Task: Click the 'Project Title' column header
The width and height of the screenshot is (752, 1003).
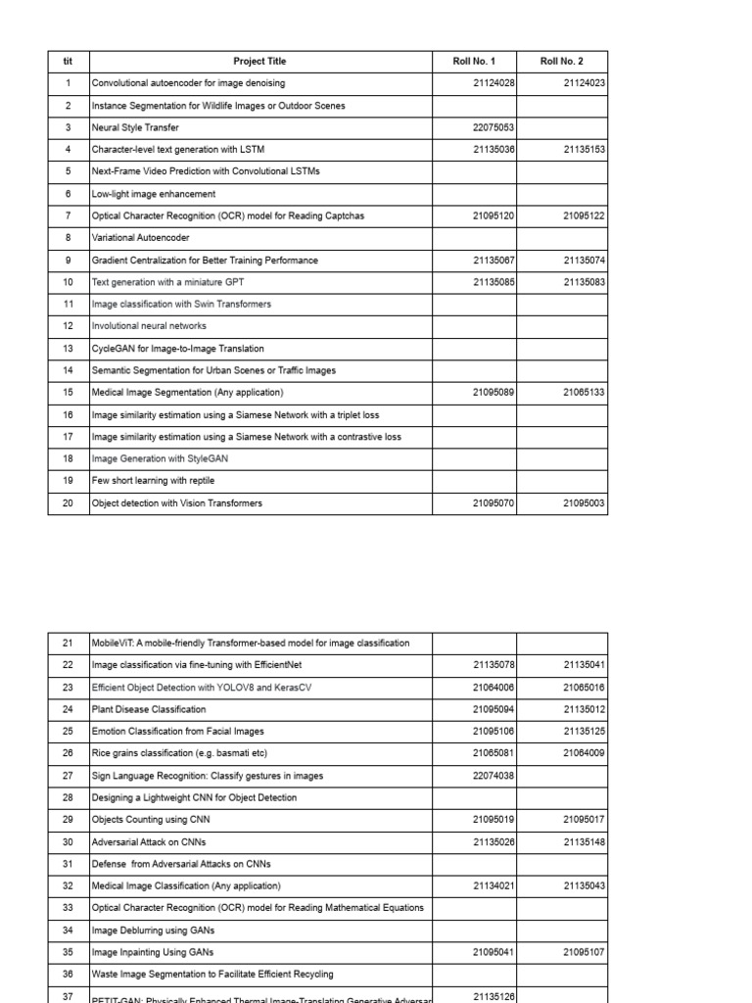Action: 259,62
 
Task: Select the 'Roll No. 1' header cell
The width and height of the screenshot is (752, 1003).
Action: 474,62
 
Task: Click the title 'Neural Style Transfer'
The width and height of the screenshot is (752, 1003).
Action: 135,127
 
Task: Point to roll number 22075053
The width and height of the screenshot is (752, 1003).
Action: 494,127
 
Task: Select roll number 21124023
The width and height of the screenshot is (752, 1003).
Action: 585,83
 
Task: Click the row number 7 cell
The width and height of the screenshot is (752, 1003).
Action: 68,215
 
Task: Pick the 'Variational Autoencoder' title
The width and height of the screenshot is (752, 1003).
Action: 141,237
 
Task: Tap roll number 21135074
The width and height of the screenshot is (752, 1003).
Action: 585,261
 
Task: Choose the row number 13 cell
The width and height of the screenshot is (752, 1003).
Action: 68,349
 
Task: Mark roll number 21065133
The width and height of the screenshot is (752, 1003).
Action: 585,392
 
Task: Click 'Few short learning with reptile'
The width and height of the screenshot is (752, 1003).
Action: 153,481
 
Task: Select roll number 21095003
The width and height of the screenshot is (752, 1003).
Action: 585,503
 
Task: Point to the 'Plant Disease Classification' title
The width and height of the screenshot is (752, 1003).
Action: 149,709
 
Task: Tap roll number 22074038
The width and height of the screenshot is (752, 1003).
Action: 494,775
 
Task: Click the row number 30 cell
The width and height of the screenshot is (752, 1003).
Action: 68,842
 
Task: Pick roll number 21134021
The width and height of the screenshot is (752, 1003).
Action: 494,885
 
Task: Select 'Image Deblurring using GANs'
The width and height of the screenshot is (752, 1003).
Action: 153,931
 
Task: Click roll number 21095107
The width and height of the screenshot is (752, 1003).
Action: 585,952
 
